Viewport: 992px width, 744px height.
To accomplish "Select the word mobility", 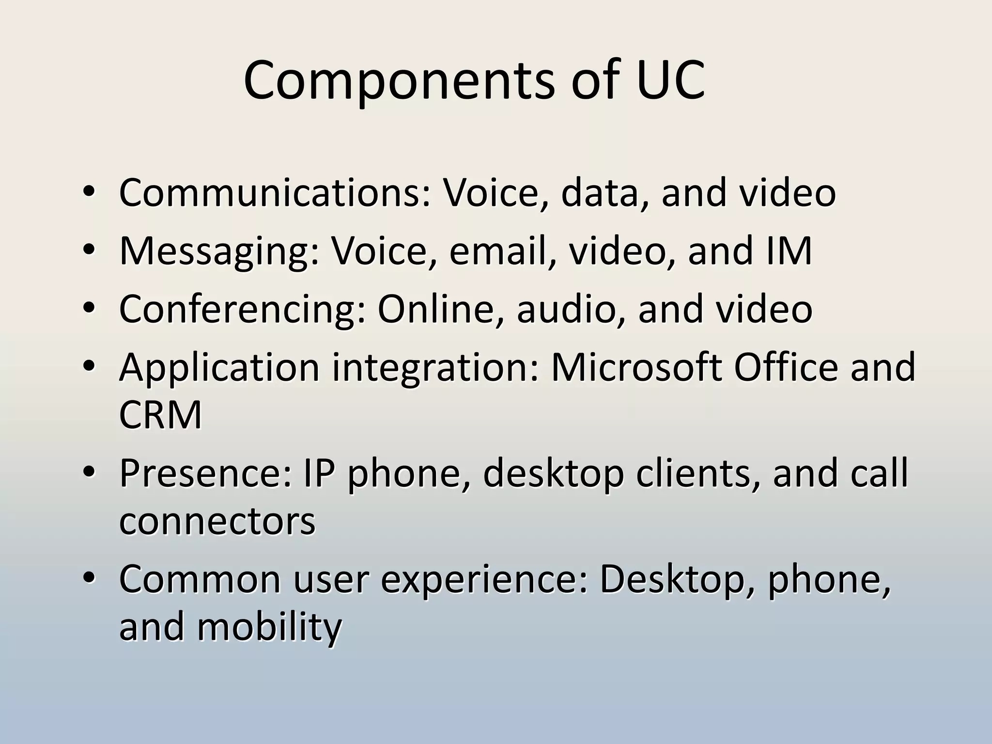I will pyautogui.click(x=269, y=627).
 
